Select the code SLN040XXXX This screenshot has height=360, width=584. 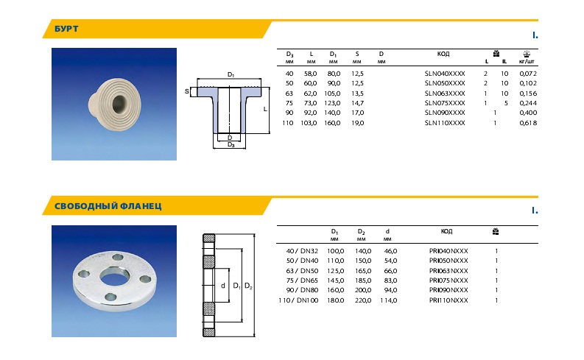(x=445, y=74)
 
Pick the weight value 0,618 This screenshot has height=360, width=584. (x=528, y=122)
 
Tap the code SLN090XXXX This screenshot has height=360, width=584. (x=445, y=113)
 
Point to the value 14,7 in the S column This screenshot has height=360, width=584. (x=357, y=103)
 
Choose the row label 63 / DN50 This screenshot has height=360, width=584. (x=302, y=271)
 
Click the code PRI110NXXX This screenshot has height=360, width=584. (x=448, y=300)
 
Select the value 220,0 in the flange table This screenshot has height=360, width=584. (x=361, y=300)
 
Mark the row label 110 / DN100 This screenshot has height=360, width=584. (x=298, y=300)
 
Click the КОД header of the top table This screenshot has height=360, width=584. (x=443, y=54)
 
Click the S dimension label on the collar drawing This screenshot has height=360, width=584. (x=187, y=91)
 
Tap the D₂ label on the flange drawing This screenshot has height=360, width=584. (x=249, y=285)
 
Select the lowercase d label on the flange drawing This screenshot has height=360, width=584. (x=222, y=285)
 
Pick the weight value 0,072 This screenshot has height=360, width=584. (x=528, y=74)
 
